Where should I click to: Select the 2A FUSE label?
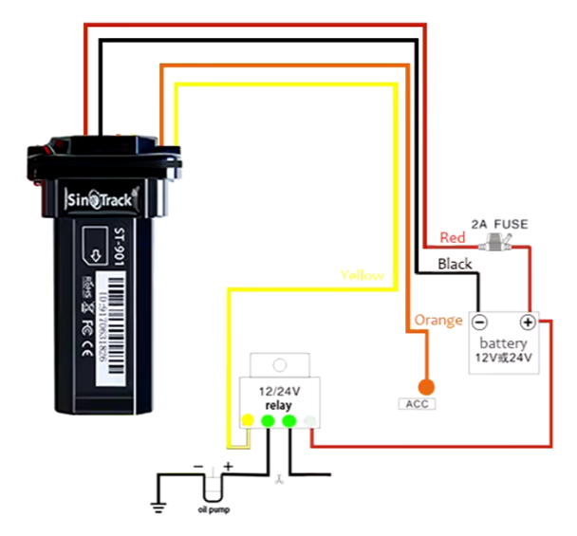500,224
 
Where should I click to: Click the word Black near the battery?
454,264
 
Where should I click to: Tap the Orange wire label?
438,321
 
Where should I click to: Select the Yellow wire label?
363,275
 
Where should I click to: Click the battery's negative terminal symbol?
480,322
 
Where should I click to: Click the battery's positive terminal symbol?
528,322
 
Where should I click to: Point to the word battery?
503,342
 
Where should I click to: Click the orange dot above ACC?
425,386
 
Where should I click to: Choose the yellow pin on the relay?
248,420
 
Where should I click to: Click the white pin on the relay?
309,420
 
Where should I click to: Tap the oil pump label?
214,509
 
